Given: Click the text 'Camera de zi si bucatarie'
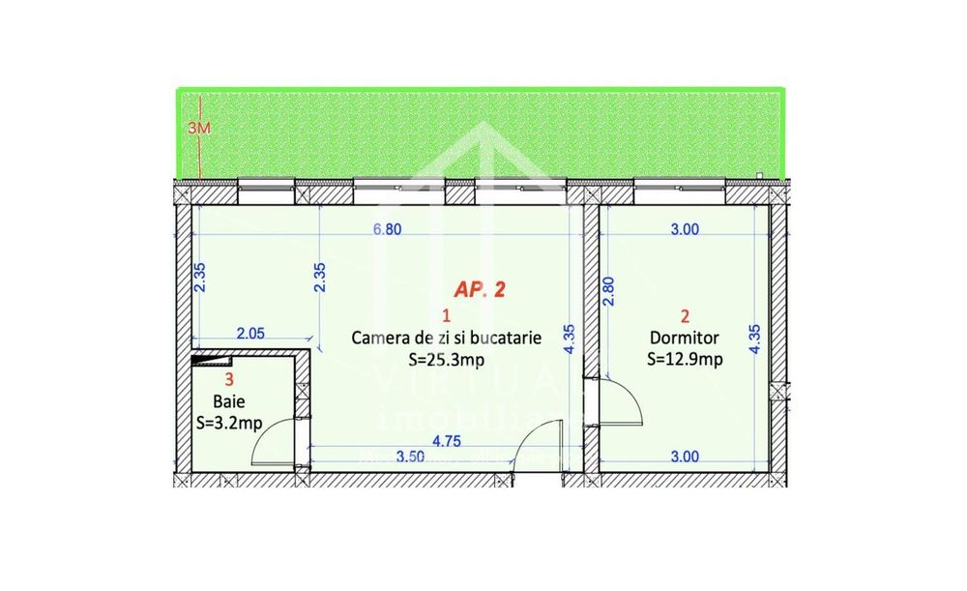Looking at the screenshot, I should coord(446,339).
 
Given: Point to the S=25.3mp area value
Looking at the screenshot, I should coord(446,360).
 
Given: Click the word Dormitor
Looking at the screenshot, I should coord(685,339).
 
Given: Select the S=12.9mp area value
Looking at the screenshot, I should coord(685,360).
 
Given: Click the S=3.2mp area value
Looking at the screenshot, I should coord(230,422).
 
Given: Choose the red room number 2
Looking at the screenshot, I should coord(685,315).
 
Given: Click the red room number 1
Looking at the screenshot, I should coord(446,315).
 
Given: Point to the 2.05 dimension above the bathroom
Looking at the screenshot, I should coord(250,334).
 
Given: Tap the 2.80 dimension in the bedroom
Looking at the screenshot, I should coord(607,291).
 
